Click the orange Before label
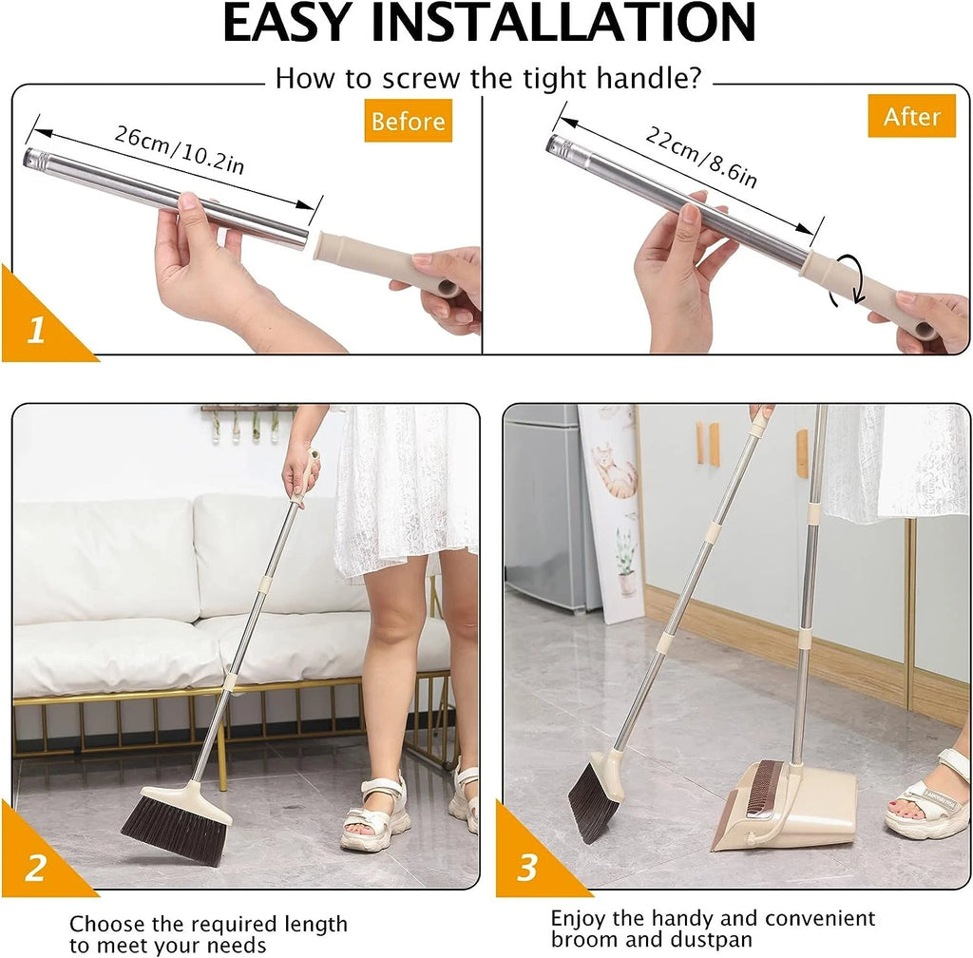point(408,122)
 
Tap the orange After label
point(911,116)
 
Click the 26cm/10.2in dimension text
point(180,149)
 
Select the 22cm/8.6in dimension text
point(701,157)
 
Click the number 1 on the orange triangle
point(35,332)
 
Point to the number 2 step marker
point(35,868)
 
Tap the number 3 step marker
point(527,868)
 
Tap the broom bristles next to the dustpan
point(593,804)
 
